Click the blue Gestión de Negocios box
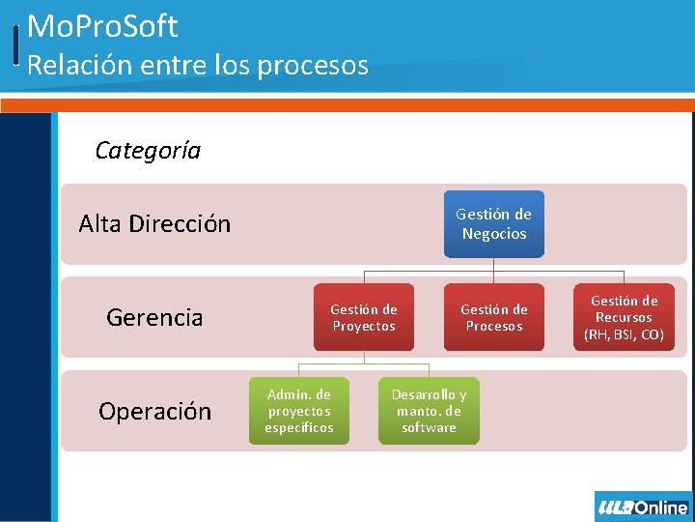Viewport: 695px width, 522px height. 493,224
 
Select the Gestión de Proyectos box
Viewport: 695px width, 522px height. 364,317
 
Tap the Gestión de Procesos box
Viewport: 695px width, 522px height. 493,317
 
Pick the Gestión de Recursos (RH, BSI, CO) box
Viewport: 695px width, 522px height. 624,317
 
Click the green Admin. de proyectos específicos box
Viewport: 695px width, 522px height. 299,411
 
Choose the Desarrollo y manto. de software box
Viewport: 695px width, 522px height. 429,411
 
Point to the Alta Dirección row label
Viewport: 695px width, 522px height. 154,224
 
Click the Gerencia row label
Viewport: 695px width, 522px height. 154,317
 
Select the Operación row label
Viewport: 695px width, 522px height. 154,411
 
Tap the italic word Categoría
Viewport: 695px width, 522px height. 148,150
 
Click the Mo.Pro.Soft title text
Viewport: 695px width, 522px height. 102,26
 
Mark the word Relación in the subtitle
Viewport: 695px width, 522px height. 72,65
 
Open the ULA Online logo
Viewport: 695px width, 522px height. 643,507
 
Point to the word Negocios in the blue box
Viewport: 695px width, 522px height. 494,234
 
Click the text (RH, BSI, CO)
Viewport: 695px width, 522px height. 624,334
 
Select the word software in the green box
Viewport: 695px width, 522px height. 429,427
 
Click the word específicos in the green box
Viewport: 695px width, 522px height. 299,427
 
